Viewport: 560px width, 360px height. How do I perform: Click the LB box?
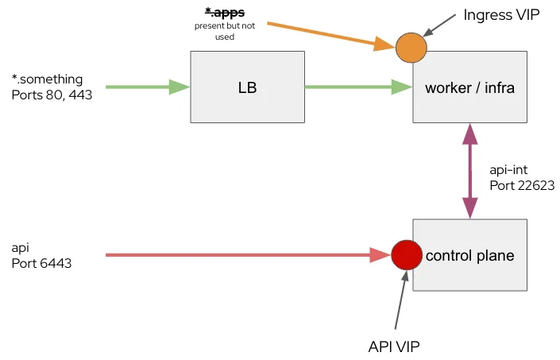click(247, 87)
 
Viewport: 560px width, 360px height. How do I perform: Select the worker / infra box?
click(470, 87)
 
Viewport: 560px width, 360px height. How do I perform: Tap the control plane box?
click(470, 255)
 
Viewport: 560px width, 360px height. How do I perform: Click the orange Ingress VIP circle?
click(411, 47)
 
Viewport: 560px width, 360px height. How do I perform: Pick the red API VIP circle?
click(405, 255)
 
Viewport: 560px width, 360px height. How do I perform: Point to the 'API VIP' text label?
click(394, 347)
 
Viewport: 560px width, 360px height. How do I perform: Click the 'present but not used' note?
click(225, 31)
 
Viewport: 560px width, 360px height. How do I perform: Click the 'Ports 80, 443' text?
click(52, 95)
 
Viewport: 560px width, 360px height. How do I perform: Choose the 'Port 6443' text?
click(42, 263)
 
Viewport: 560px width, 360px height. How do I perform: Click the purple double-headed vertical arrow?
click(470, 171)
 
